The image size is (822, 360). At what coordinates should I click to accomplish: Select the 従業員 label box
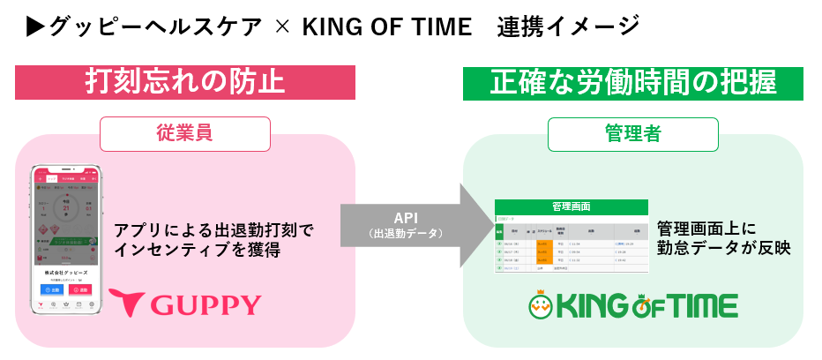(185, 133)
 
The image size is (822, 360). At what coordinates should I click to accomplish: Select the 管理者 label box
(633, 133)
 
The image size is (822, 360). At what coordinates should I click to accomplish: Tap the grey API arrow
(415, 225)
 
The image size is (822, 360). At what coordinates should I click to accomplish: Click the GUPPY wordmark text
(206, 305)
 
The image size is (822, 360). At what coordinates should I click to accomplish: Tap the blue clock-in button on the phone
(49, 289)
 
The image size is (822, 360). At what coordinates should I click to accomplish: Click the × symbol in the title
(282, 27)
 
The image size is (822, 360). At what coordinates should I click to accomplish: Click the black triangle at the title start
(35, 27)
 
